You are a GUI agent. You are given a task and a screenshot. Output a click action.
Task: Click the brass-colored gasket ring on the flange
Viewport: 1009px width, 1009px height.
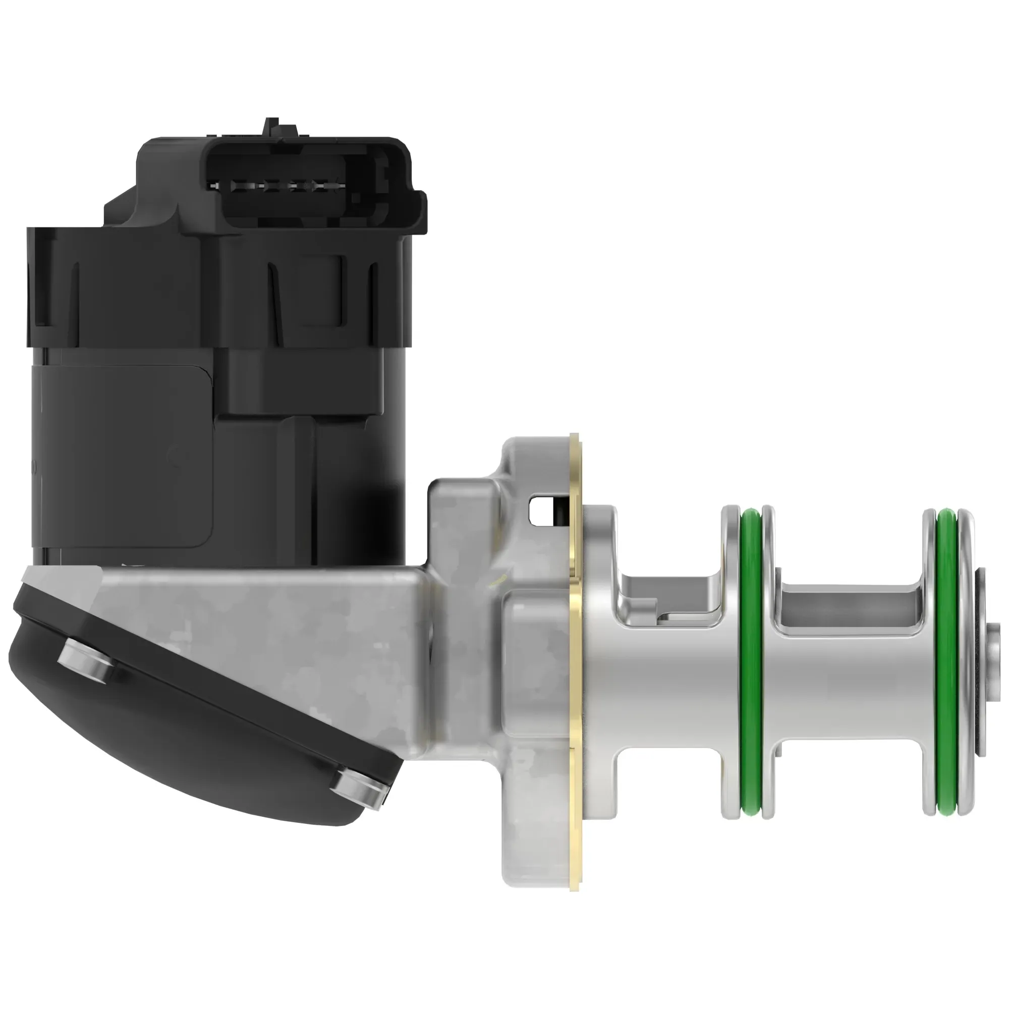click(x=577, y=679)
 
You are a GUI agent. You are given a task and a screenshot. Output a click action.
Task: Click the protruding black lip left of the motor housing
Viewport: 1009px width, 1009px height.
click(x=39, y=285)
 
